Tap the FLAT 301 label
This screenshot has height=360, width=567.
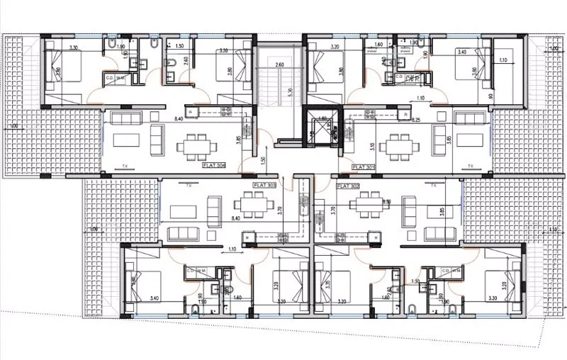point(363,167)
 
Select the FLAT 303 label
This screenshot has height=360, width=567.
point(264,184)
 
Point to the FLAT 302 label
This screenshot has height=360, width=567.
point(349,186)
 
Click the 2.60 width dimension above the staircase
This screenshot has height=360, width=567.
point(279,65)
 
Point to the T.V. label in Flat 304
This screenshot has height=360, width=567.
point(125,166)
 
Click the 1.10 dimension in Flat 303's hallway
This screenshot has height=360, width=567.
point(232,249)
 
